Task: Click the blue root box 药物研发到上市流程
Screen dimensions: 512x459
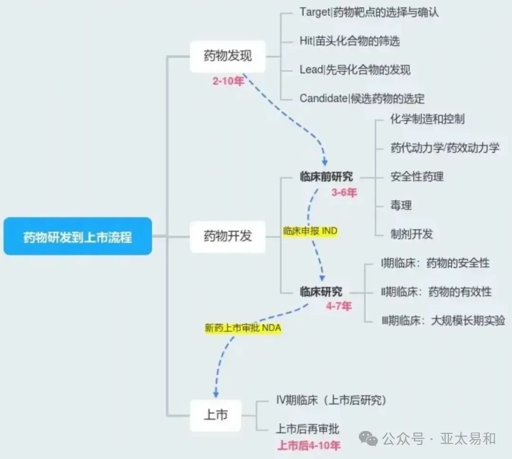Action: click(78, 236)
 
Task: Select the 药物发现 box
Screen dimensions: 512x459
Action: click(228, 56)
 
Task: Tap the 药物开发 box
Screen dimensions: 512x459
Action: click(228, 236)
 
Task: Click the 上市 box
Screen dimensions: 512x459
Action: click(216, 415)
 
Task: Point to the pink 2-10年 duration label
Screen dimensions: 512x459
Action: click(228, 81)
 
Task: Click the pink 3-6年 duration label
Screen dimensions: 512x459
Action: click(344, 193)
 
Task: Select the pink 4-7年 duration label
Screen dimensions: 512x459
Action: click(338, 306)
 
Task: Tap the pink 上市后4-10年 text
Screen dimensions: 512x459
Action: click(309, 446)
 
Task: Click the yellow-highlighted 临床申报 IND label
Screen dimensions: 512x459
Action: click(310, 232)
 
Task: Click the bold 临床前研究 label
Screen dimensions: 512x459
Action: click(326, 177)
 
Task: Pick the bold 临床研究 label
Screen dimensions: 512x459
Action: click(320, 291)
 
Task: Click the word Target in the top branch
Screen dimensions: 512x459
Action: click(314, 12)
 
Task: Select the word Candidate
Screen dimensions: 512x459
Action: click(323, 98)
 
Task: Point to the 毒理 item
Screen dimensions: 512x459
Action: click(401, 206)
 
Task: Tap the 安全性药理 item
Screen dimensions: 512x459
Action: click(417, 177)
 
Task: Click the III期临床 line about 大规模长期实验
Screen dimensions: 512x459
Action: click(443, 320)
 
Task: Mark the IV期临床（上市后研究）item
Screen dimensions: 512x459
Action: click(331, 401)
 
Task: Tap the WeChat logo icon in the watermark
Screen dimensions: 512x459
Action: click(368, 439)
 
